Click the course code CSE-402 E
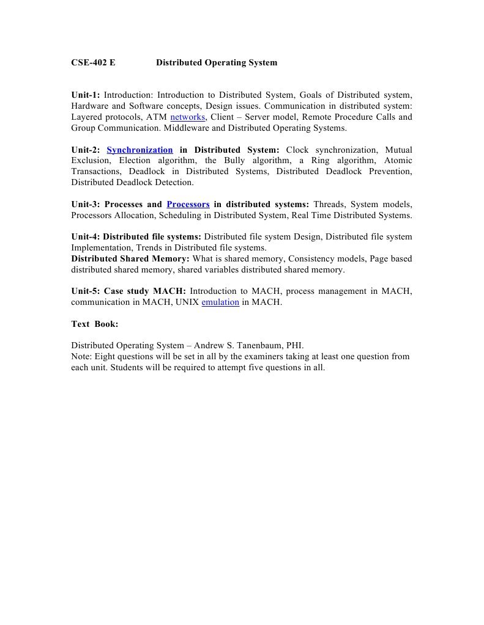(93, 62)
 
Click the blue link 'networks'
(187, 117)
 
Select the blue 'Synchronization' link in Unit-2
(140, 150)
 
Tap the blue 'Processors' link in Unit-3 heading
(188, 204)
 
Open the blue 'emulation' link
(220, 302)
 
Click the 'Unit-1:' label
(85, 95)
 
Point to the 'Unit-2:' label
(85, 150)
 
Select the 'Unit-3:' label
(85, 204)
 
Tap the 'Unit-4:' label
(85, 236)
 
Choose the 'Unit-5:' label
(85, 291)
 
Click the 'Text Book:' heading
(95, 324)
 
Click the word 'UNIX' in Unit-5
(185, 302)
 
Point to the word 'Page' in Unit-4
(381, 258)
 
